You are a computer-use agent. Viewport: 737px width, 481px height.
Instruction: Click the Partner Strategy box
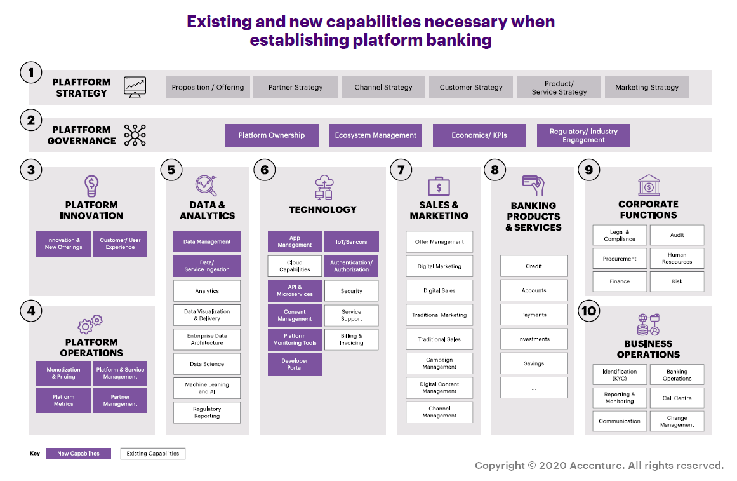(x=295, y=88)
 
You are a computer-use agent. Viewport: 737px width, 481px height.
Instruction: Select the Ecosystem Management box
(x=376, y=135)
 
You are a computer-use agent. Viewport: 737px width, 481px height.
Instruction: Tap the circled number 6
(x=265, y=170)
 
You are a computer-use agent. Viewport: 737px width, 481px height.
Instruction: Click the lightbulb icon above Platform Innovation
(x=92, y=186)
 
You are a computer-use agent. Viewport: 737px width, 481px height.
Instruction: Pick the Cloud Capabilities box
(x=295, y=266)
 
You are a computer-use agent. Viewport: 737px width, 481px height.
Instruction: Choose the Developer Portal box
(x=295, y=364)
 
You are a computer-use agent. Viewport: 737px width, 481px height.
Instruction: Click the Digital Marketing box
(x=439, y=266)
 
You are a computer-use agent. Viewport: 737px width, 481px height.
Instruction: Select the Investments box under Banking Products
(x=534, y=339)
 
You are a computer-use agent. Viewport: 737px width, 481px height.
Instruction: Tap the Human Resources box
(x=677, y=259)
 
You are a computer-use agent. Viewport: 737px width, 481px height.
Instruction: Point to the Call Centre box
(x=677, y=398)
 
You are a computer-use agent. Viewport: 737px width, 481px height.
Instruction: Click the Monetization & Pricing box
(x=63, y=373)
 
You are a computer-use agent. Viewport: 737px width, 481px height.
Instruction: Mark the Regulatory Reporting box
(x=207, y=413)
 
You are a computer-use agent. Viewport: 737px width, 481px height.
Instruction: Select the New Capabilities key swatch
(x=78, y=454)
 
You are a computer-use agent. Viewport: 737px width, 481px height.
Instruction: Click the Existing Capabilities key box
(x=153, y=454)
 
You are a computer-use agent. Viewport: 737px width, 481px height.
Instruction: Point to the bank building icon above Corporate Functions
(x=649, y=186)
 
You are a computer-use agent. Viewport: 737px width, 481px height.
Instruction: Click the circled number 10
(x=589, y=310)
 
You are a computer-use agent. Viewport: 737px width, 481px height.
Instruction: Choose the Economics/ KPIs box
(x=479, y=135)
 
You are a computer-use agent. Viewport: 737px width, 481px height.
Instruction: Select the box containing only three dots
(x=534, y=388)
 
